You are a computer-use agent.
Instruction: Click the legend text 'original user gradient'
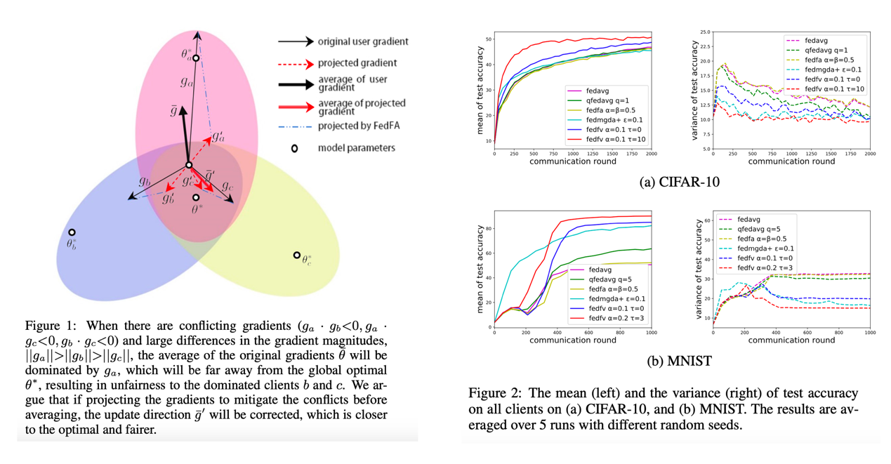point(362,42)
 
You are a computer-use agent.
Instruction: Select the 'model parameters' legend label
point(356,148)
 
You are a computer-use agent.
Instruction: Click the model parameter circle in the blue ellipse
point(72,232)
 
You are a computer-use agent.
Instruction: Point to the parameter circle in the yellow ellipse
point(297,256)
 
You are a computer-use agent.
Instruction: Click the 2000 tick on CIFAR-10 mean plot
point(651,153)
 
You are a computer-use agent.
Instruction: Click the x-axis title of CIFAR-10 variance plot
point(791,161)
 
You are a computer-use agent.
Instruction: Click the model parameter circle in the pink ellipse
point(197,59)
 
